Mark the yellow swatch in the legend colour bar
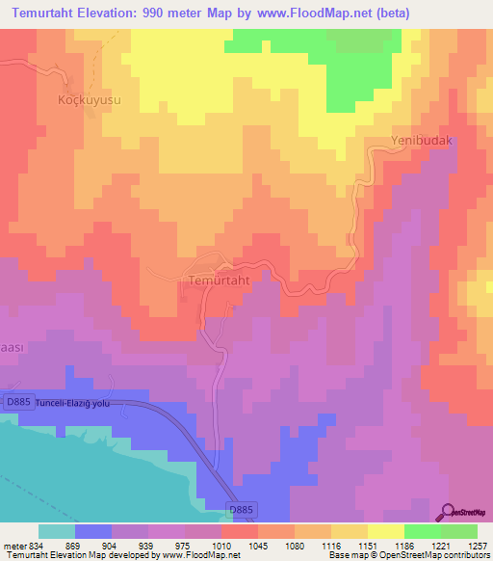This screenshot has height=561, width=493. coord(385,531)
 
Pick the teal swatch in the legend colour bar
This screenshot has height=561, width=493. coord(57,531)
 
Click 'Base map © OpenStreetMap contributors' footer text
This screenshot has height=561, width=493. coord(407,555)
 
